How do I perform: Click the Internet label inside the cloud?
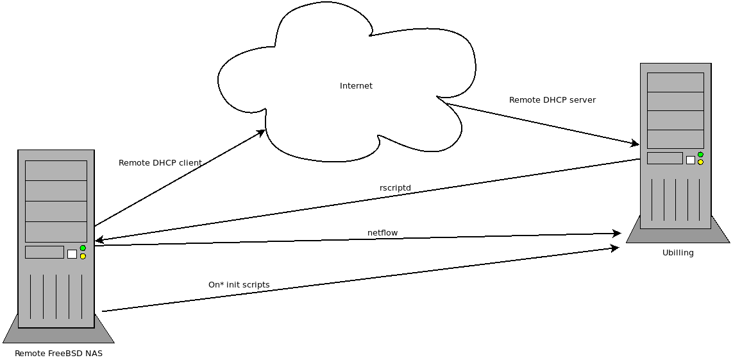(x=356, y=85)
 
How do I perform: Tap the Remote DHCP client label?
(x=160, y=163)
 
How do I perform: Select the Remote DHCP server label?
(x=553, y=99)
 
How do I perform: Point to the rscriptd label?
(x=396, y=188)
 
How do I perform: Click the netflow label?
(x=382, y=232)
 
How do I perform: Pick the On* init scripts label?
(x=239, y=284)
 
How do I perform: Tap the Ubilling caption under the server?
(x=678, y=253)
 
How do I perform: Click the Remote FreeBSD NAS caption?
(x=58, y=354)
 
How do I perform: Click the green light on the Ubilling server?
(x=700, y=155)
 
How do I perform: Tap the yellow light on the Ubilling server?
(x=700, y=162)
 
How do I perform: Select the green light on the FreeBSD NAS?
(x=83, y=248)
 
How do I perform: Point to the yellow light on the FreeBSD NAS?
(x=83, y=256)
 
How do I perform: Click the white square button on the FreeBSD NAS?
(x=72, y=254)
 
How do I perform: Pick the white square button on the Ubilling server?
(x=691, y=160)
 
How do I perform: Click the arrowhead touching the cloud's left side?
(x=261, y=133)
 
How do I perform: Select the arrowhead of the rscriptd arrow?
(x=99, y=240)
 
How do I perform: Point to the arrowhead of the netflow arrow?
(x=616, y=233)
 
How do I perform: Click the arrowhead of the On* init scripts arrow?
(x=615, y=248)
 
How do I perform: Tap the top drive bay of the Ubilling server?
(x=675, y=82)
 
